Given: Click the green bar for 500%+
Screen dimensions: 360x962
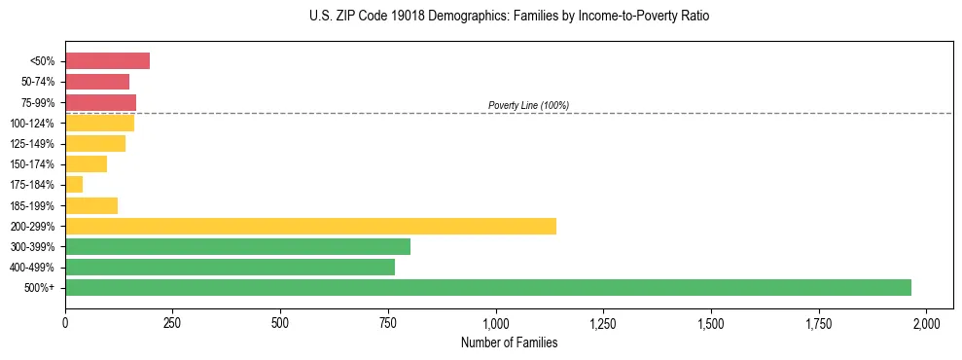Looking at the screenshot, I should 488,287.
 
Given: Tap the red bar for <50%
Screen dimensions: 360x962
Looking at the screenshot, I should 107,61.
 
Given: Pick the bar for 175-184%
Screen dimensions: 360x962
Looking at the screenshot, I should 74,184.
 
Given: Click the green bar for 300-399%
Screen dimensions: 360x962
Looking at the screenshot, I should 237,246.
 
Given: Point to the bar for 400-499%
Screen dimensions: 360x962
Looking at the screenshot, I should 230,267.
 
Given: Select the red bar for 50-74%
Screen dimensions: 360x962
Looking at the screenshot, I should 97,82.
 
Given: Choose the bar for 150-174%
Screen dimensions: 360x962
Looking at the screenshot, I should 86,163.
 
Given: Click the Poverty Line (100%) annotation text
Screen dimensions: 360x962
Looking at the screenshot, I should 528,105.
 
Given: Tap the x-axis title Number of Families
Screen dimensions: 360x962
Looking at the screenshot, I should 509,342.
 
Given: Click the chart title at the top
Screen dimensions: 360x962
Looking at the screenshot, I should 509,17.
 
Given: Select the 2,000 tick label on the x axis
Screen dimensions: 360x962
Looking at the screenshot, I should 927,322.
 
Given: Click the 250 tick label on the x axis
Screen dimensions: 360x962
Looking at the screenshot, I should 172,322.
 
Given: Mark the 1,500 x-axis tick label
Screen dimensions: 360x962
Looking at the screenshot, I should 711,322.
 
